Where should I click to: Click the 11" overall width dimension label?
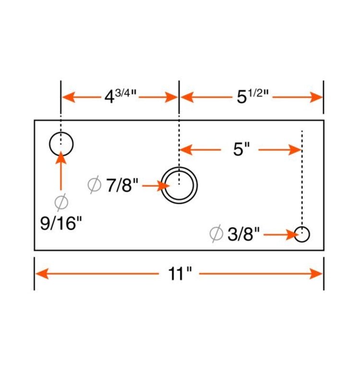(180, 274)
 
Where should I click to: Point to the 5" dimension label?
(242, 150)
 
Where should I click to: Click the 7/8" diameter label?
(122, 185)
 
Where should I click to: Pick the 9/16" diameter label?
(61, 223)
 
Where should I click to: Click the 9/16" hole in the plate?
(61, 143)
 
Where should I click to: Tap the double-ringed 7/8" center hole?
(179, 185)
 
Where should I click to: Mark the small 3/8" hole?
(302, 235)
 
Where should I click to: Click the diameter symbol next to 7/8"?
(95, 185)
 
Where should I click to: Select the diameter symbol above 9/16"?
(61, 203)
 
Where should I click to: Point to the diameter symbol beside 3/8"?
(216, 234)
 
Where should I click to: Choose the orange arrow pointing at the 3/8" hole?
(281, 235)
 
